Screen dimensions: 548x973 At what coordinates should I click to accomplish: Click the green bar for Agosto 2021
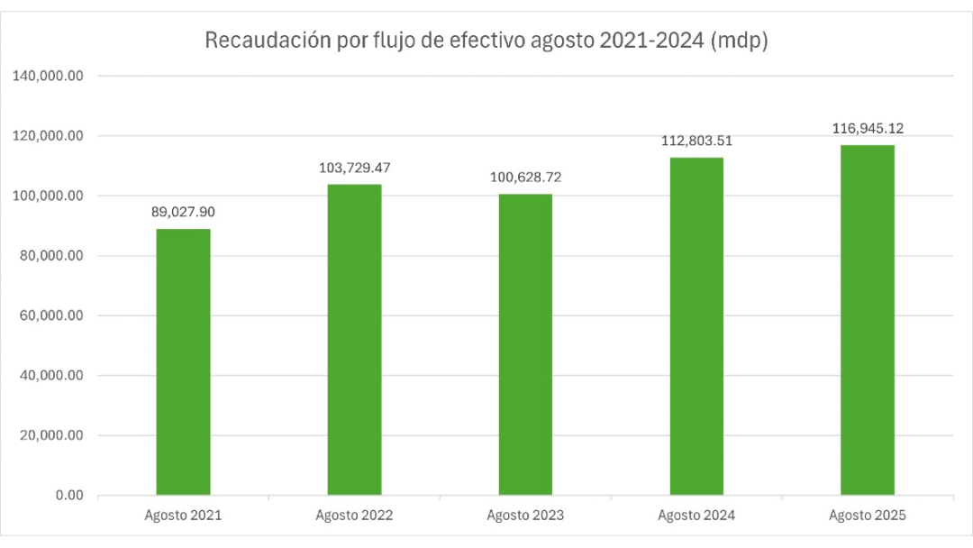(x=183, y=362)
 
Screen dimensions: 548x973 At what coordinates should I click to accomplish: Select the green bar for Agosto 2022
(x=354, y=340)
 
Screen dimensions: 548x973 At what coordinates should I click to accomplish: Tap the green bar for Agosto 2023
(x=525, y=344)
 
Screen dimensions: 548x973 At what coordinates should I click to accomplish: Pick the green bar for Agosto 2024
(x=696, y=326)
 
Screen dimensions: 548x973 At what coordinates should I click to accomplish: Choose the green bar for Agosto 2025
(x=868, y=320)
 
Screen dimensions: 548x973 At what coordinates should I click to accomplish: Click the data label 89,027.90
(x=183, y=213)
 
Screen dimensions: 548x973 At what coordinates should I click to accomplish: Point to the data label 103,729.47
(x=354, y=168)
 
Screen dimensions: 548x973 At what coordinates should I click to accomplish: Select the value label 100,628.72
(x=525, y=178)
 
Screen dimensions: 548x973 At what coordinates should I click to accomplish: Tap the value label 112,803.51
(x=696, y=141)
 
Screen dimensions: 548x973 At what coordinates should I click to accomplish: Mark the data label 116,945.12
(x=868, y=129)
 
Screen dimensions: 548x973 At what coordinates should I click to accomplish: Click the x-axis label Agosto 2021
(x=183, y=516)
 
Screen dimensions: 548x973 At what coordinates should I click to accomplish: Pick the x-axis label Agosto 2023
(x=525, y=516)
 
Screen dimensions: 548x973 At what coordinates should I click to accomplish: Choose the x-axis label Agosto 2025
(x=868, y=516)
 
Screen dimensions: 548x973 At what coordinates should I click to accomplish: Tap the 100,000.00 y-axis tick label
(x=48, y=196)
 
